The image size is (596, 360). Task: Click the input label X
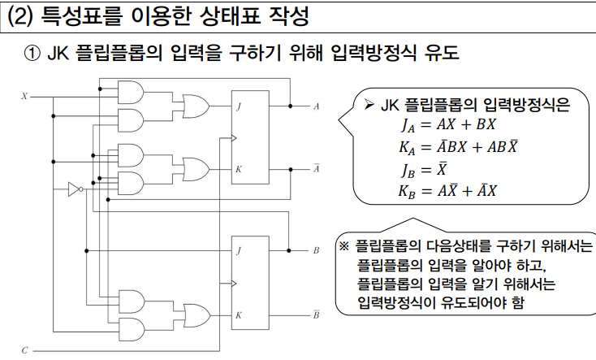point(24,96)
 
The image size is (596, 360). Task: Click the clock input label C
point(24,350)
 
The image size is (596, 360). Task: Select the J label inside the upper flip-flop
point(239,106)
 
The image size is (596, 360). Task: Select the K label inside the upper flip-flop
point(239,169)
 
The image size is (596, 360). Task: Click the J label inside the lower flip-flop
point(239,251)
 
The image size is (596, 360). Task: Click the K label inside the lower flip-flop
point(239,314)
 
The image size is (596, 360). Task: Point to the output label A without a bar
point(316,106)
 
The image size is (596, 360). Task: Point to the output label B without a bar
point(316,251)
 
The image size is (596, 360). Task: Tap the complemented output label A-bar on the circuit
point(316,168)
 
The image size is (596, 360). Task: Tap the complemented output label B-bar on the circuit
point(316,313)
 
